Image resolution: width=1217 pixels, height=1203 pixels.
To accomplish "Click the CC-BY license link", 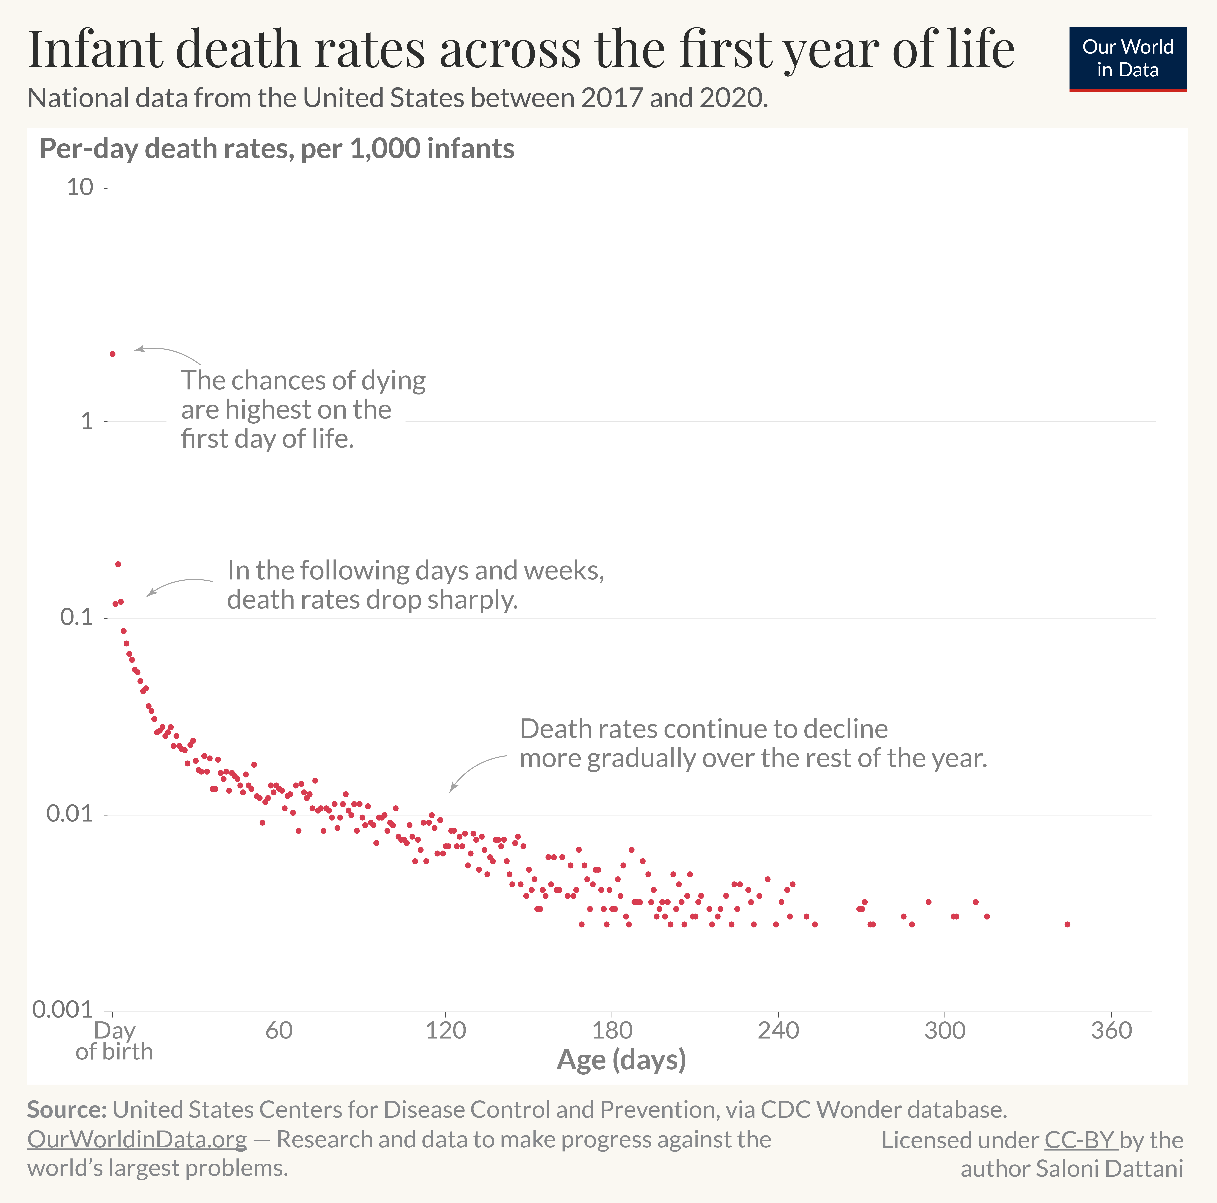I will click(1080, 1140).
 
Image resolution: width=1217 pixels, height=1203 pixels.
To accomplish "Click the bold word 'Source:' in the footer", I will click(67, 1109).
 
